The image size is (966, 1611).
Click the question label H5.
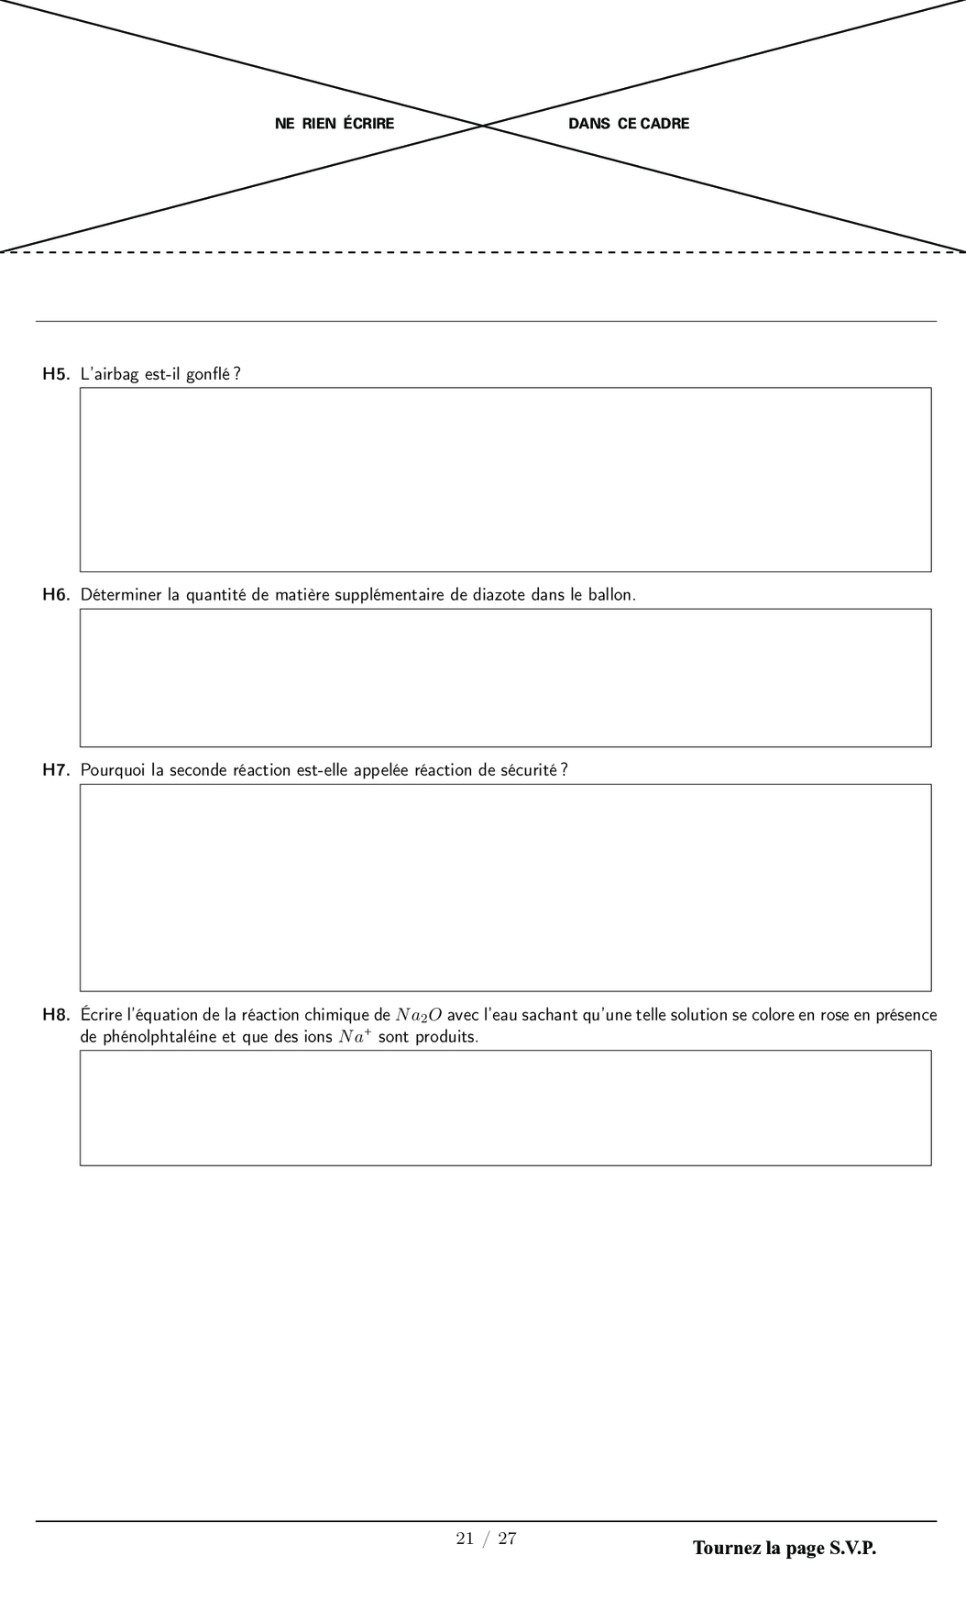[x=56, y=374]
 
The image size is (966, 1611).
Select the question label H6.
[x=56, y=595]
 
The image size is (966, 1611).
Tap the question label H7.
[x=56, y=770]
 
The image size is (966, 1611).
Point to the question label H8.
[x=56, y=1015]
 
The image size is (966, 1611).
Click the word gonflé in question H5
[x=208, y=374]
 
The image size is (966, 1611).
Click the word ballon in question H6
[x=610, y=595]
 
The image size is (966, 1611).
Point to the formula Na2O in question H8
[x=419, y=1015]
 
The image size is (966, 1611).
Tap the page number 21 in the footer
[x=465, y=1539]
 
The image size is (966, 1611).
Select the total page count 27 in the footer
[x=507, y=1539]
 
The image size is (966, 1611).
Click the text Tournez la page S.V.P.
[x=785, y=1549]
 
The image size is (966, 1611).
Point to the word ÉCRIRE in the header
[x=368, y=124]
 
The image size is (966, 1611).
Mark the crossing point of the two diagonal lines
[x=483, y=125]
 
